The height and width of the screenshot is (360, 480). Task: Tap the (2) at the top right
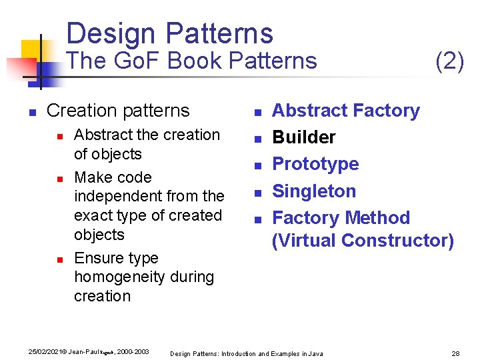click(449, 61)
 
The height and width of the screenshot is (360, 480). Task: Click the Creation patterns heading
click(118, 111)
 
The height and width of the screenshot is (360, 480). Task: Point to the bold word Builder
click(304, 137)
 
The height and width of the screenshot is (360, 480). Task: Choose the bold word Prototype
click(315, 164)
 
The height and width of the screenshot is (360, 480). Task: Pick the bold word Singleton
click(314, 191)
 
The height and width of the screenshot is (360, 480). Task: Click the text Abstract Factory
click(346, 111)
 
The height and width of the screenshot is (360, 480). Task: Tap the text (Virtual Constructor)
click(363, 240)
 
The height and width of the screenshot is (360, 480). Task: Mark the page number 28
click(457, 353)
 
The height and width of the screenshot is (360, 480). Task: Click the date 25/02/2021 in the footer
click(41, 351)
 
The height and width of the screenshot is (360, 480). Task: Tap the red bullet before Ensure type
click(59, 259)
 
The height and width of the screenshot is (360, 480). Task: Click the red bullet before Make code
click(59, 179)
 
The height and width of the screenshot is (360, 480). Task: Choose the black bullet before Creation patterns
click(31, 112)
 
